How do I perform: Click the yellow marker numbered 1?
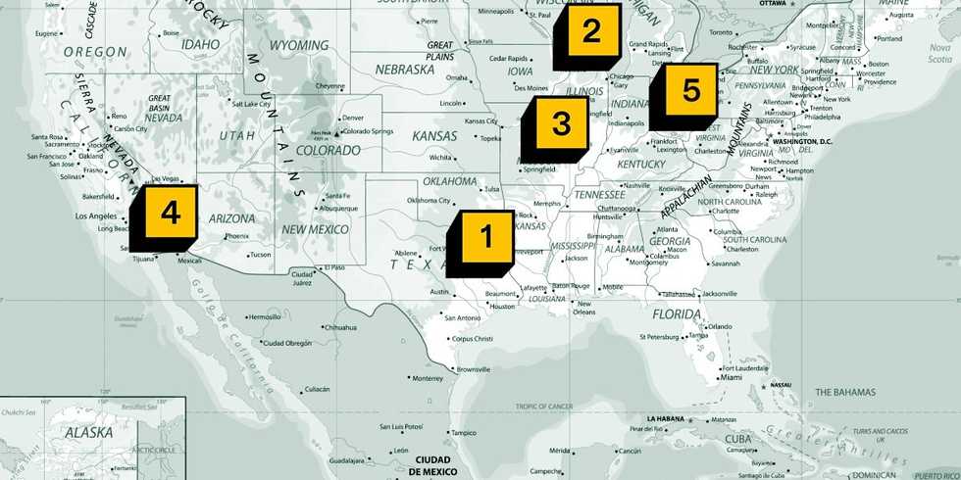[x=482, y=236]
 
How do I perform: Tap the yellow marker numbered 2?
[x=590, y=32]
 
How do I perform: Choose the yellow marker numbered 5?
[x=690, y=92]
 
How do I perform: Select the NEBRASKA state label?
[x=404, y=70]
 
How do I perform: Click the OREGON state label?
[x=95, y=51]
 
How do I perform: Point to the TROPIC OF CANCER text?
[x=544, y=406]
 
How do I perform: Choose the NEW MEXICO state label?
[x=316, y=228]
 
